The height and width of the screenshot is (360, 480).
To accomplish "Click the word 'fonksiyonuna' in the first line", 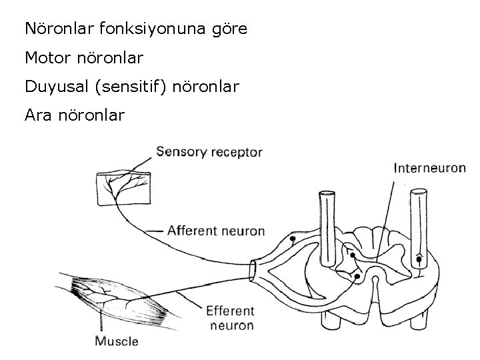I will point(141,29).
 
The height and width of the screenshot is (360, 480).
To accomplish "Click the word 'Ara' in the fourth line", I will point(37,116).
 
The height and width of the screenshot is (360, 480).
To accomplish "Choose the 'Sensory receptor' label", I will point(209,151).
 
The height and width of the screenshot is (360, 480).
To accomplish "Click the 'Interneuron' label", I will point(429,168).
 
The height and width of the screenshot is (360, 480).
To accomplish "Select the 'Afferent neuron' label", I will point(216,231).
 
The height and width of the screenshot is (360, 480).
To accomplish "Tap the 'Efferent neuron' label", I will point(230,318).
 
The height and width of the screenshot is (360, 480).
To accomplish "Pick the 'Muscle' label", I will point(116,341).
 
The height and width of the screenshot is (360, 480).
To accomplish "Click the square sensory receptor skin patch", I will point(123,187).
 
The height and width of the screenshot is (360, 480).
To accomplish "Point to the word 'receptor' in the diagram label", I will point(238,152).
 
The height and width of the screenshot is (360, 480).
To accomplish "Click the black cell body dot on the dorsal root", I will point(292,239).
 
